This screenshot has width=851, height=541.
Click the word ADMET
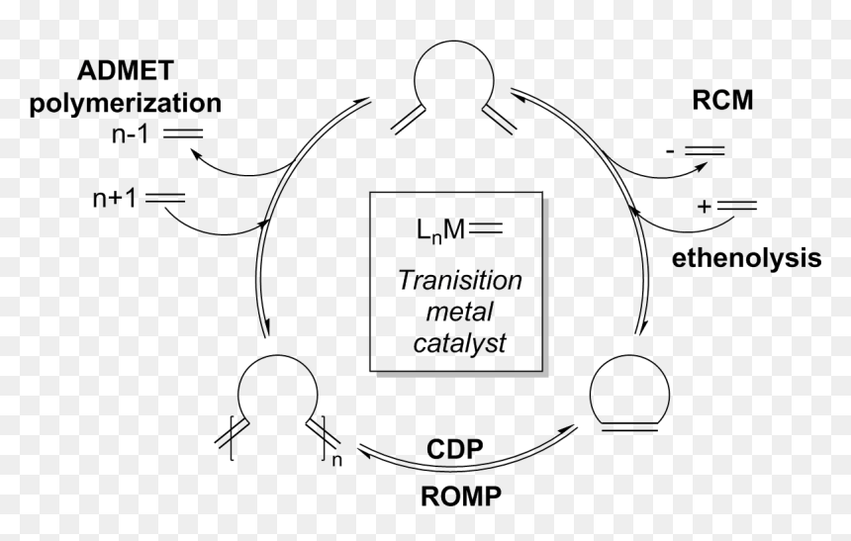coord(126,70)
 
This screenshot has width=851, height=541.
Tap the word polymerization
coord(126,103)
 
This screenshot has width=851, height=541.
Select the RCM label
coord(722,100)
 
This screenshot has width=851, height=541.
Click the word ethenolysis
coord(747,258)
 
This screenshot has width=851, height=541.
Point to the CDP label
coord(455,449)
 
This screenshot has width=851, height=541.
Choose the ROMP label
coord(461,496)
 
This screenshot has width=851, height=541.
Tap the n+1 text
coord(115,199)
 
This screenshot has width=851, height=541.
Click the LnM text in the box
coord(440,230)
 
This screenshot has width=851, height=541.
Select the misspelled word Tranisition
coord(460,281)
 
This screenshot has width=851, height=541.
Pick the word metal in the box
coord(459,312)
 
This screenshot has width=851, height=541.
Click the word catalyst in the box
coord(460,343)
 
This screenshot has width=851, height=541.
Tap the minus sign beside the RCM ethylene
coord(670,150)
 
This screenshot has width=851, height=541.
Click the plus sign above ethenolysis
coord(704,206)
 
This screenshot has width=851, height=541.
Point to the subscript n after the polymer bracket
coord(337,460)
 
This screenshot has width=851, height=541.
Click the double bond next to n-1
coord(183,134)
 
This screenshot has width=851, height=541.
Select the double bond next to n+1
coord(165,198)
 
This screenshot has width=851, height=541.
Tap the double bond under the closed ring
coord(629,427)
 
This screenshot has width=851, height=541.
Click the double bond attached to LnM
coord(486,229)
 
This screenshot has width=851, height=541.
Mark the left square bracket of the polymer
coord(232,438)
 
